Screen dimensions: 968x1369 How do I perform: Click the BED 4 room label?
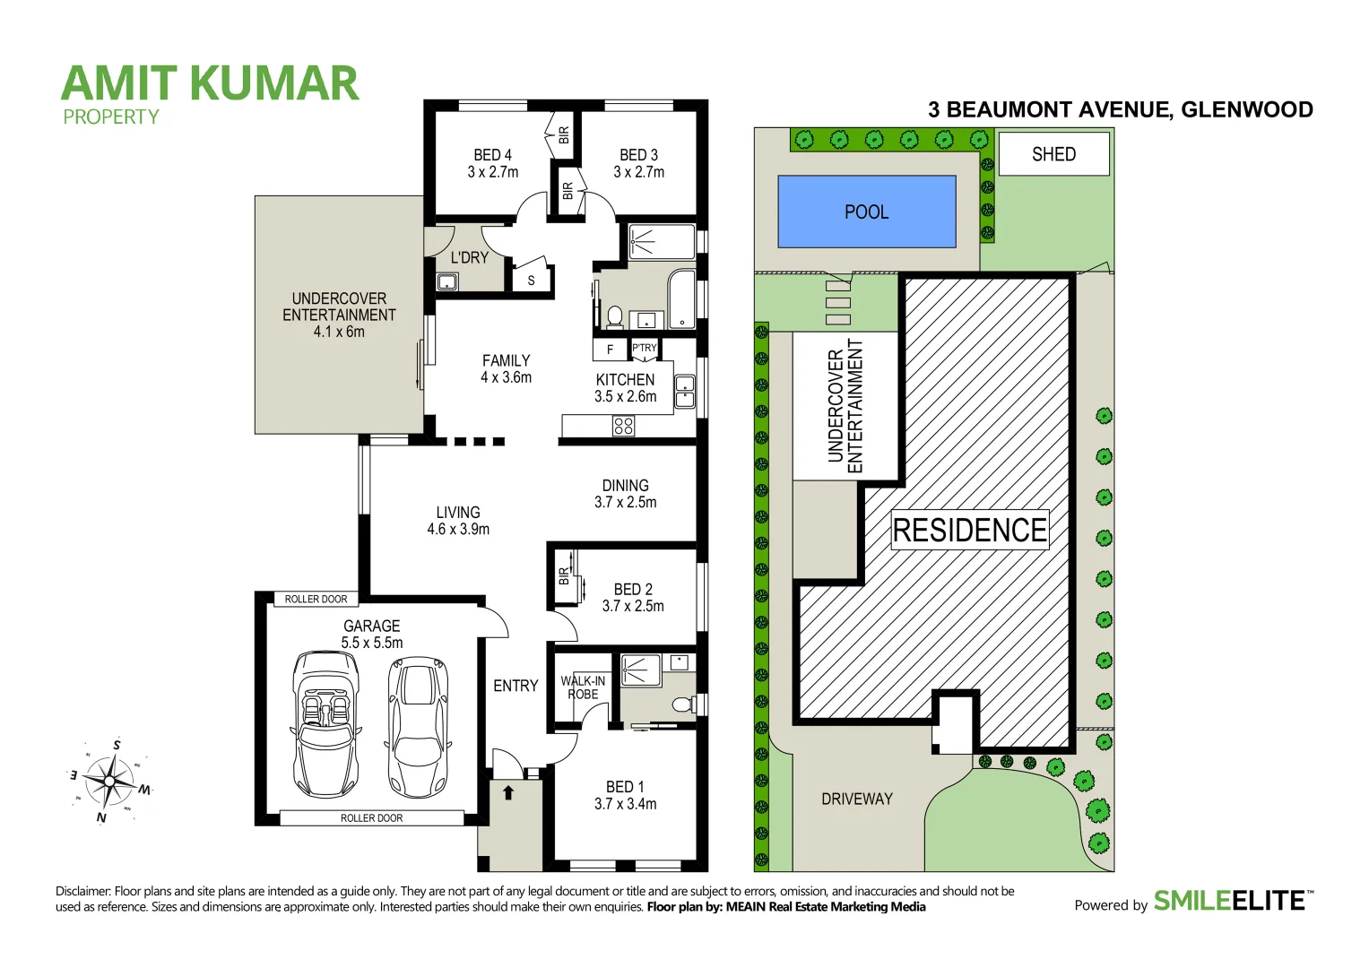click(492, 163)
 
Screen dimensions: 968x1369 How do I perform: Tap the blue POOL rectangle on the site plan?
click(866, 212)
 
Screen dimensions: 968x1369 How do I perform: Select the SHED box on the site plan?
click(1053, 154)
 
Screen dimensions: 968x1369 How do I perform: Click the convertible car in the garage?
click(326, 724)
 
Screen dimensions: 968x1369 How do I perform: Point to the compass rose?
click(109, 782)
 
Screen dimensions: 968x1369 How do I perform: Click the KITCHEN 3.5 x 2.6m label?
click(625, 387)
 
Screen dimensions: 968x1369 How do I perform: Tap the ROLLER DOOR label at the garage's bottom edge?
click(371, 817)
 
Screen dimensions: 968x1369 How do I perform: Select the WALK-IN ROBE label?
click(583, 687)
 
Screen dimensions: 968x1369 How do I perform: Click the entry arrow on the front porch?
click(508, 792)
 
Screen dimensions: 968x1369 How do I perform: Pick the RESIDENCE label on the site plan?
click(969, 530)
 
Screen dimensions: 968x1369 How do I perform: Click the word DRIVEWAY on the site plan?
click(856, 799)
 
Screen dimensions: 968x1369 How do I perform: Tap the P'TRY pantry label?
click(644, 348)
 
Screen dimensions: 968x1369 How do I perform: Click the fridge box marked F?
click(610, 350)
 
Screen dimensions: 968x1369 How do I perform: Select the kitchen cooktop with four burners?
click(623, 426)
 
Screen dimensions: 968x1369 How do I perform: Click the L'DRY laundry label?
click(469, 257)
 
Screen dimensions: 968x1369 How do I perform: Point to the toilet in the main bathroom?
click(615, 316)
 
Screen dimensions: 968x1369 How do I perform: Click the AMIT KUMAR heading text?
click(210, 83)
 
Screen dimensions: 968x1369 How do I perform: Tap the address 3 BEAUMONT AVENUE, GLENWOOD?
click(1120, 109)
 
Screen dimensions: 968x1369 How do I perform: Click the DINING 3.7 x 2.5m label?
click(625, 493)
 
